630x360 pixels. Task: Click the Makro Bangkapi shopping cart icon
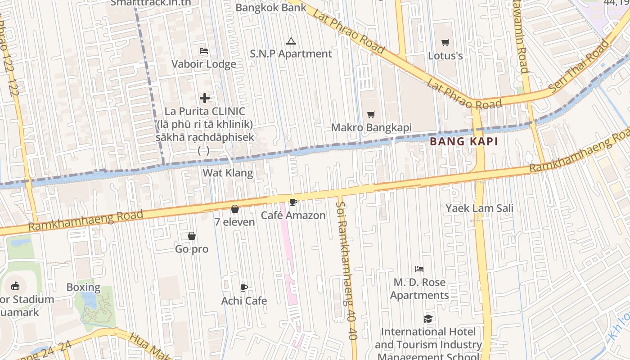371,115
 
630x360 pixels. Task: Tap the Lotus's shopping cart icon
445,43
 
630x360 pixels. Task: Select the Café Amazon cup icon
293,202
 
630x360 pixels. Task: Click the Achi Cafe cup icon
244,288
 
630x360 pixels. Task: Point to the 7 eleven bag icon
234,209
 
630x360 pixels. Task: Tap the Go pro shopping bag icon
192,236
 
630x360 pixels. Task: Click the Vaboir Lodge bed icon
204,51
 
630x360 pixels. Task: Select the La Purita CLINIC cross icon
205,98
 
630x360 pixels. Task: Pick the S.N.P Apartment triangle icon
291,41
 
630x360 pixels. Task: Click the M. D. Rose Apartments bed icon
419,269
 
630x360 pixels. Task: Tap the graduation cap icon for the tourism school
428,319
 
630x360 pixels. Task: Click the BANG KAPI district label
463,141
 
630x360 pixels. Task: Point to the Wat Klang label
228,173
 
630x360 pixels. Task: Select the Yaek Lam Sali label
479,208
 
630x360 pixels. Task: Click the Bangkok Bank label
271,7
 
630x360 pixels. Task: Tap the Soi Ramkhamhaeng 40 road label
346,270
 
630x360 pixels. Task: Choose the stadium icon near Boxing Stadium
15,286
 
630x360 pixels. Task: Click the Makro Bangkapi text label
371,127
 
